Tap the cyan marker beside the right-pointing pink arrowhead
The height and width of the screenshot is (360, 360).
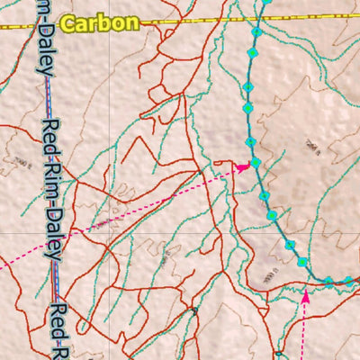[256, 162]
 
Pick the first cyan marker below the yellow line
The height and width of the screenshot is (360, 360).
[256, 32]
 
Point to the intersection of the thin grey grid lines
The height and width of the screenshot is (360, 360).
[111, 232]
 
